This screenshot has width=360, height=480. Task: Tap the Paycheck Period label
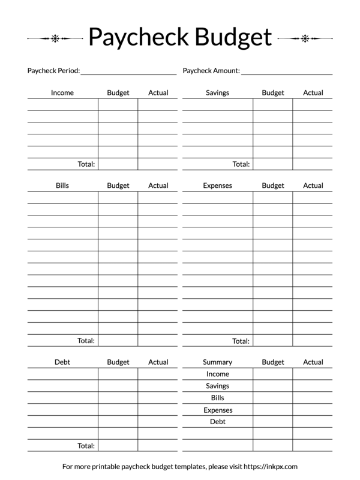click(53, 71)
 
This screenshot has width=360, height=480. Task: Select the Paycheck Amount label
click(211, 71)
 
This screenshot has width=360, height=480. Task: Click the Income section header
click(62, 93)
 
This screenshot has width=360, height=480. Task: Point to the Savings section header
click(217, 93)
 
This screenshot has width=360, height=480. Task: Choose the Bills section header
click(62, 185)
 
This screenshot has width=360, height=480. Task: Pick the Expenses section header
click(217, 185)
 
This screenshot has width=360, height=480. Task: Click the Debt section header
click(62, 362)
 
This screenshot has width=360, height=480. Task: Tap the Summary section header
click(217, 362)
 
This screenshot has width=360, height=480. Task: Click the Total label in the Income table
click(86, 164)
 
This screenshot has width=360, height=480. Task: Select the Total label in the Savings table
click(241, 164)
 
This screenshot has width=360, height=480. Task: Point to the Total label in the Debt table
click(86, 446)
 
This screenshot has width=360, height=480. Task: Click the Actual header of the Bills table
click(158, 185)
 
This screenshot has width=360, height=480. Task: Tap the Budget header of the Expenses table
click(273, 185)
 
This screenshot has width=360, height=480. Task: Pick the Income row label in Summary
click(217, 374)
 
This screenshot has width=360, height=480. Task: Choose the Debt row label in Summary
click(217, 422)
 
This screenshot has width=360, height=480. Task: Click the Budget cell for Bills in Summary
click(273, 398)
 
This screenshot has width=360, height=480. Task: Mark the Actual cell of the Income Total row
click(158, 164)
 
